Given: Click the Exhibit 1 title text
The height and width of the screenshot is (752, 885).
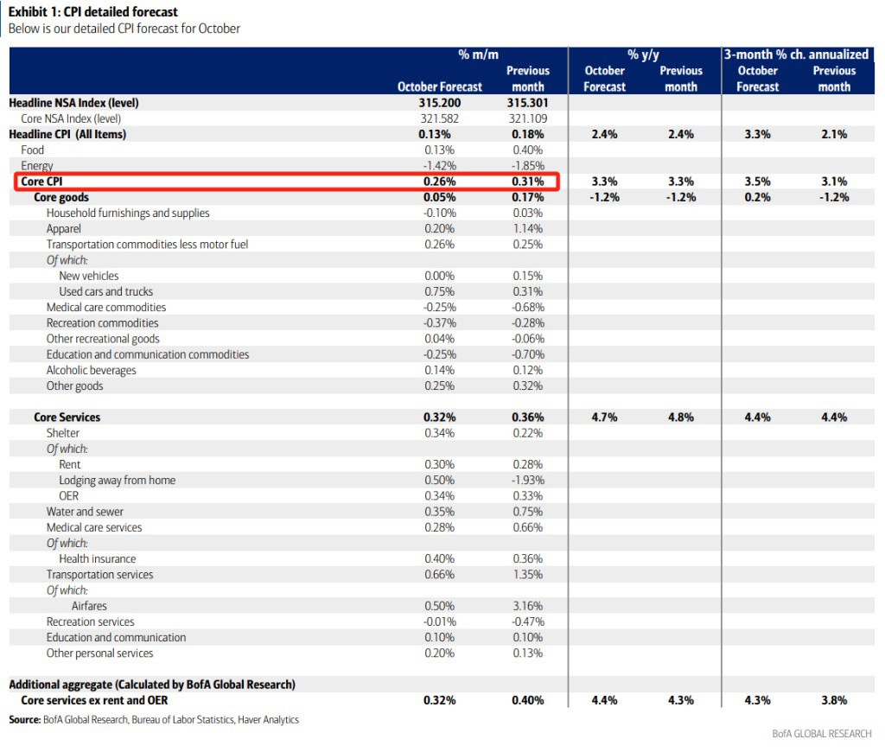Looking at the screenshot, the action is click(x=92, y=12).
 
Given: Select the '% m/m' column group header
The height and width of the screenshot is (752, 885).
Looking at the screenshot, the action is click(x=478, y=54).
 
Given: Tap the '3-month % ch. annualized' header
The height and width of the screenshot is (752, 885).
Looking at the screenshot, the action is click(x=796, y=54).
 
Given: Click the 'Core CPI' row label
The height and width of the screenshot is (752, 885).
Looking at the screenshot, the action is click(x=41, y=182).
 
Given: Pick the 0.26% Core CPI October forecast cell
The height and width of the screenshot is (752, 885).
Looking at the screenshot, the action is click(x=440, y=182).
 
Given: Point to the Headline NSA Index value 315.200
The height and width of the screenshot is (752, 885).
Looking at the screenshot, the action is click(x=440, y=103).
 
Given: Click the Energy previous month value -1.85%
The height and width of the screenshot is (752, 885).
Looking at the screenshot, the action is click(x=528, y=165).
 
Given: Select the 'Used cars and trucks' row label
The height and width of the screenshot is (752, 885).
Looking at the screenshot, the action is click(x=106, y=291).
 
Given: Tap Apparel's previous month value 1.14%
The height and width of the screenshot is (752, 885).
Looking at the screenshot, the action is click(x=528, y=229).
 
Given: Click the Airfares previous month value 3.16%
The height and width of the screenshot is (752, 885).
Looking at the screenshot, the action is click(x=528, y=606).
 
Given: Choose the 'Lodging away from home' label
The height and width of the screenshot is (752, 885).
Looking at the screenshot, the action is click(x=118, y=481).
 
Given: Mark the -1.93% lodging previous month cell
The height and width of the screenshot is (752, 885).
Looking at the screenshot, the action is click(x=528, y=480).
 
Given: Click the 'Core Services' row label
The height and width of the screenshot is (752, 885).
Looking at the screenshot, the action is click(x=67, y=417).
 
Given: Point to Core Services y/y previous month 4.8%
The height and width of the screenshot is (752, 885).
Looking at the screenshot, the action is click(x=681, y=417).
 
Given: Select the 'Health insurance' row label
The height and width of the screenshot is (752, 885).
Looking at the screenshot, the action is click(x=98, y=559).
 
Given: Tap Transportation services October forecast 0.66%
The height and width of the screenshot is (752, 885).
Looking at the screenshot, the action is click(x=440, y=574).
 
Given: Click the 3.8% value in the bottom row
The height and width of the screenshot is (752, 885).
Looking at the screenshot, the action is click(x=834, y=700).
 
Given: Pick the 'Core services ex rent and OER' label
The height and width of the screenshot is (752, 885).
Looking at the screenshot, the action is click(x=94, y=700).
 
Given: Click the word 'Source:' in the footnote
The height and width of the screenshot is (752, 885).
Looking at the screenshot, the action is click(x=25, y=720).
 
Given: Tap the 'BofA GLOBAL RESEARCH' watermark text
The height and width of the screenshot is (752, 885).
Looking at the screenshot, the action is click(x=822, y=733).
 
